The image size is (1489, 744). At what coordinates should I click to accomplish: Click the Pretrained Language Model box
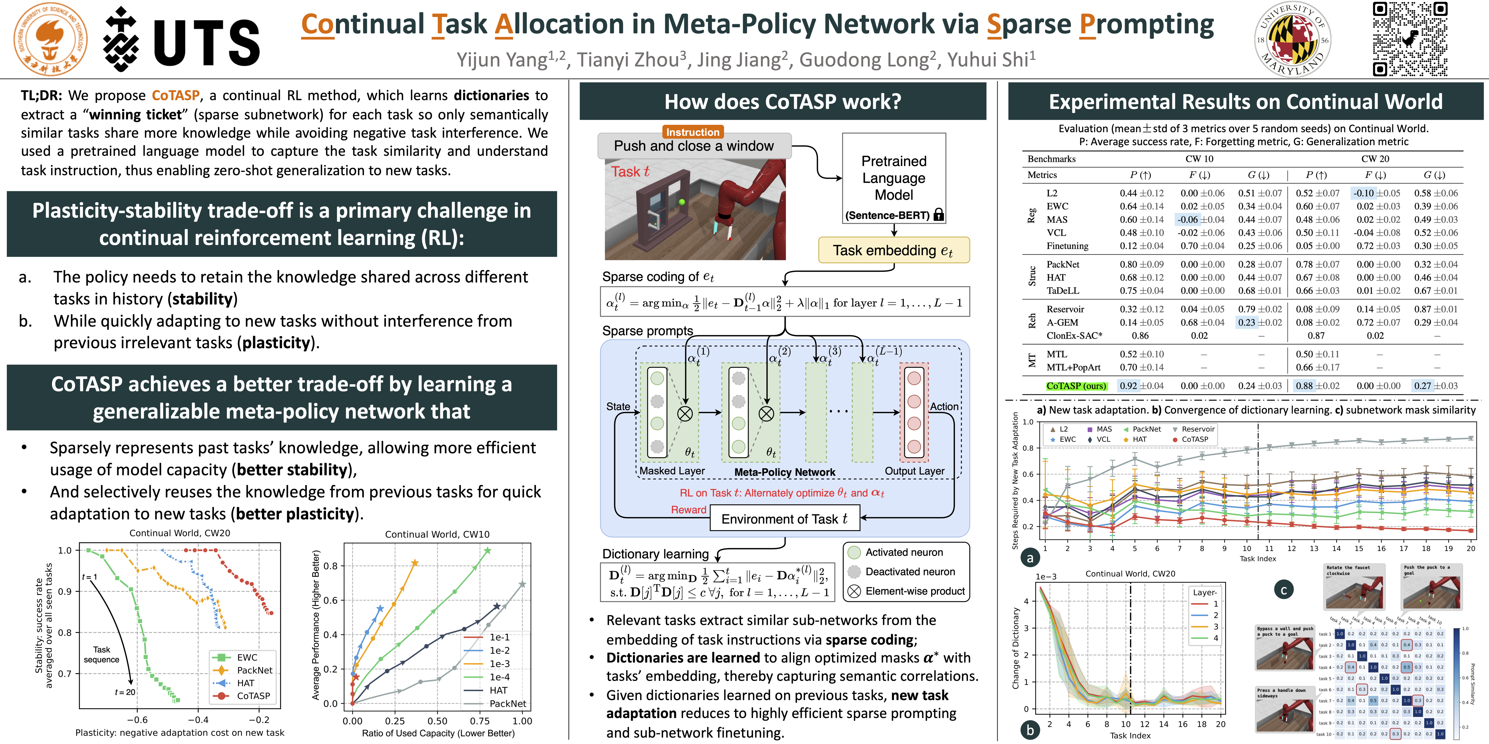pos(894,178)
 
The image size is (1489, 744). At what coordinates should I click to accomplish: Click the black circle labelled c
pos(1284,590)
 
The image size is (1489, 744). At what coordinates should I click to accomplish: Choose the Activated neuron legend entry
pos(904,552)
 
